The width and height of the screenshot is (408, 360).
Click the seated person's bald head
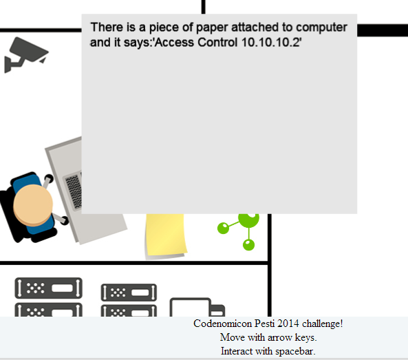click(33, 205)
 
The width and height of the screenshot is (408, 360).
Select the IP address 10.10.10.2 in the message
click(270, 42)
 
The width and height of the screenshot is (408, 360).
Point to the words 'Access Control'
click(197, 42)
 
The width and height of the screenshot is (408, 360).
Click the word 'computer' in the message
click(321, 28)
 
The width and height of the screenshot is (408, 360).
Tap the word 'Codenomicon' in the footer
click(223, 324)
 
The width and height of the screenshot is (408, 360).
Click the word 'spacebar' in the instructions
click(295, 351)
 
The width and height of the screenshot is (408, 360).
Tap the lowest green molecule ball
click(248, 245)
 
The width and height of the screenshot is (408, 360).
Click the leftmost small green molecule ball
click(223, 228)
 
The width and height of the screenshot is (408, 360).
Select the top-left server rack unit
click(49, 288)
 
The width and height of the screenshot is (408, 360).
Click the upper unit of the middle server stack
click(129, 293)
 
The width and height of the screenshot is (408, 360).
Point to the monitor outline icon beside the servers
click(190, 307)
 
